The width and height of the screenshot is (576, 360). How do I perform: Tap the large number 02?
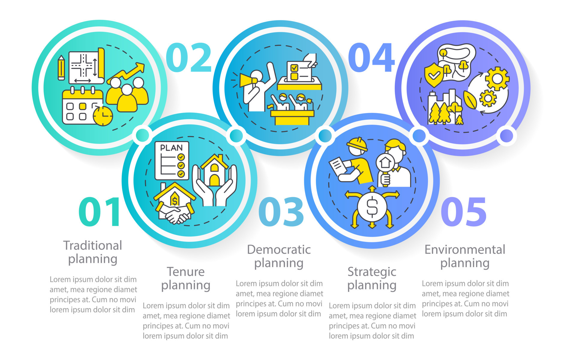point(189,57)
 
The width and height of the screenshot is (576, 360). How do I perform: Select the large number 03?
point(281,212)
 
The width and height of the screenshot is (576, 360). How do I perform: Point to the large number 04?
point(371,57)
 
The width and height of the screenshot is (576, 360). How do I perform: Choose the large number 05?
point(463,212)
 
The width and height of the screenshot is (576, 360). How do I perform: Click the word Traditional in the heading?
point(92,246)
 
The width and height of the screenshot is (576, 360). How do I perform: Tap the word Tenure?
point(186,272)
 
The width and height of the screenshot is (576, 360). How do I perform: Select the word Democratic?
point(279,250)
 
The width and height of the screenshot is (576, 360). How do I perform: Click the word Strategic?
point(372,272)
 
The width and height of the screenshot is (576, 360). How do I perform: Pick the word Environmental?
point(465,250)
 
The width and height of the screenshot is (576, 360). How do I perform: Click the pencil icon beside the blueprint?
point(61,68)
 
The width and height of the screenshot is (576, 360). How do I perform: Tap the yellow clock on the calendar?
point(103,116)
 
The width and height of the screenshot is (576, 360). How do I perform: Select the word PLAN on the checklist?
point(171,148)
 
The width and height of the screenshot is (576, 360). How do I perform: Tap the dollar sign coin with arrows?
point(372,207)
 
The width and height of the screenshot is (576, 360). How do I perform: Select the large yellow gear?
point(497,79)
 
